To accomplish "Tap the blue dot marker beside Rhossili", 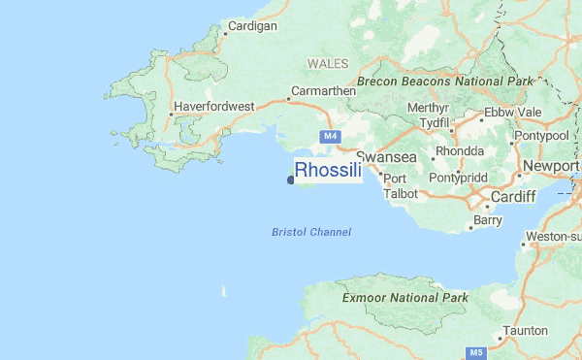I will [290, 179].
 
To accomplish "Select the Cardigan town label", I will [251, 26].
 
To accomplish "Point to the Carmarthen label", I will [323, 92].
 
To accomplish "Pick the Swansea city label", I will [386, 156].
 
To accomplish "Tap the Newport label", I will [550, 167].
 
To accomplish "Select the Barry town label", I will [488, 221].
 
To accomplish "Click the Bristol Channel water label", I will [311, 232].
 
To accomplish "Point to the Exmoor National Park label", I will [405, 298].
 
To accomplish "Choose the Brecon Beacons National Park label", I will [445, 82].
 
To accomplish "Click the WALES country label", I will [326, 63].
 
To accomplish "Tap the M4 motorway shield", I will [330, 137].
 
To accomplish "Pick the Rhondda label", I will [461, 151].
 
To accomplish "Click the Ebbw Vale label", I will [512, 113].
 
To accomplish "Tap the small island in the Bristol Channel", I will [224, 289].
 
